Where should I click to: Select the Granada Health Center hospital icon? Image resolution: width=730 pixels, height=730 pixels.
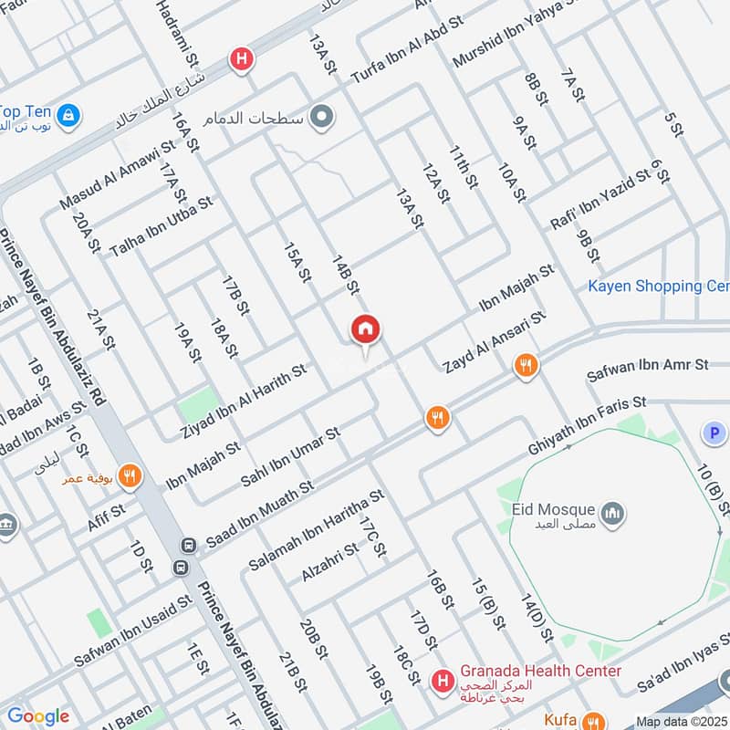(x=443, y=681)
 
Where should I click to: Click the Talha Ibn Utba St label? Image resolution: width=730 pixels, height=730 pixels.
(x=161, y=225)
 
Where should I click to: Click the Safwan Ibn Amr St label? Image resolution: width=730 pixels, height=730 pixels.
(x=647, y=364)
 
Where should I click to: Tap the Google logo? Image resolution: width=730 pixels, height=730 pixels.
(x=37, y=716)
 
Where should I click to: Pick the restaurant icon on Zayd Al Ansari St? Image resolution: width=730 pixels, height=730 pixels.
(x=525, y=366)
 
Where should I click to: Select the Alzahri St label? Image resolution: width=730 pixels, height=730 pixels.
(x=331, y=563)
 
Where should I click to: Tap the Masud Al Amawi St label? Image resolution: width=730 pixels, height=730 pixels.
(x=117, y=174)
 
